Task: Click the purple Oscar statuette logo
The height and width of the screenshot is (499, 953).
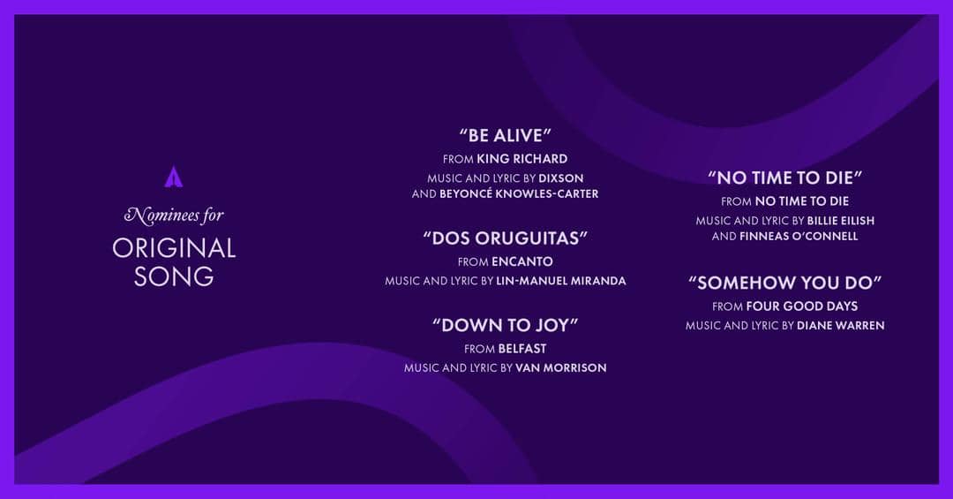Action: (173, 177)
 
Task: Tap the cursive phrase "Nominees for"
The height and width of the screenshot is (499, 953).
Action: (174, 215)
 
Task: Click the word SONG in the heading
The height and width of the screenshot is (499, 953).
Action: (174, 276)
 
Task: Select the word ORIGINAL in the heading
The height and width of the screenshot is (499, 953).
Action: (174, 248)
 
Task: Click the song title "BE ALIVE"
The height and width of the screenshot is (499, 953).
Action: (505, 136)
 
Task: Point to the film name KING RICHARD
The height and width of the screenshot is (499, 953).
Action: (522, 159)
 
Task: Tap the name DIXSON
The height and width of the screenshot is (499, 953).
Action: (560, 178)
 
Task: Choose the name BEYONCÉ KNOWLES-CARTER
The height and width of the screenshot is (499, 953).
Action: (519, 193)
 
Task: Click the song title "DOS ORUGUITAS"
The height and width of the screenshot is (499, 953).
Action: (505, 238)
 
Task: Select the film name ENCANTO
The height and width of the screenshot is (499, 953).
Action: (522, 261)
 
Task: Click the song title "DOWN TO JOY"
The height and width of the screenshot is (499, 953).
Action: (505, 325)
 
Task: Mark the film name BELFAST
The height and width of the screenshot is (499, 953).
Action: (522, 348)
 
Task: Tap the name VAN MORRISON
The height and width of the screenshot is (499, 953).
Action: (560, 367)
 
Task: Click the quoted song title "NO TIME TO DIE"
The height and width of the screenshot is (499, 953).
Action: (784, 178)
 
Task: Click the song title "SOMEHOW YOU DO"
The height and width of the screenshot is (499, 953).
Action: (784, 283)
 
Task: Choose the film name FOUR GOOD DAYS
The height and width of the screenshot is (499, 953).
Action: (803, 306)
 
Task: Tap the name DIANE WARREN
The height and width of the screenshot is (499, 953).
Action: (840, 325)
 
